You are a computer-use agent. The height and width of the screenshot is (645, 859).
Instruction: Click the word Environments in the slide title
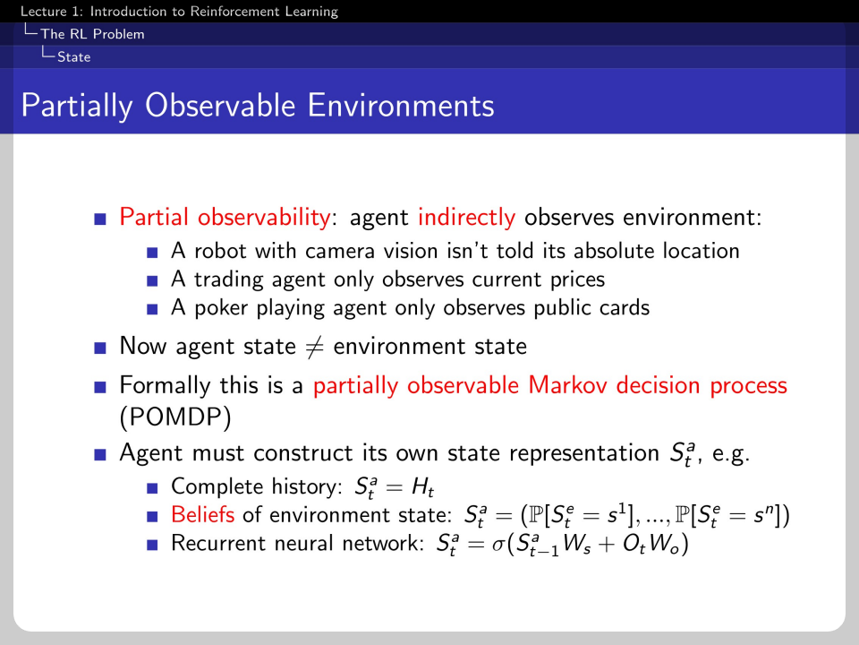click(x=401, y=106)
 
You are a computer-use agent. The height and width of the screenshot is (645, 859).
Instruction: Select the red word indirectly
click(x=467, y=218)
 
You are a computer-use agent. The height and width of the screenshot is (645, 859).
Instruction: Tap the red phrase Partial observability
click(x=225, y=218)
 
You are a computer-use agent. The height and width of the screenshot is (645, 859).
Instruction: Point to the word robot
click(x=220, y=251)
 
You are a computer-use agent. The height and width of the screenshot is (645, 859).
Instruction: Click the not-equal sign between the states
click(x=314, y=348)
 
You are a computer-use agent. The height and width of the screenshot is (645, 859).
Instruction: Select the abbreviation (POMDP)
click(x=175, y=417)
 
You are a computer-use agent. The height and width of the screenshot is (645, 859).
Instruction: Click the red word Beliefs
click(x=203, y=514)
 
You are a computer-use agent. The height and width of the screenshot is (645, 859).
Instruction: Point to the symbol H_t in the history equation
click(x=422, y=487)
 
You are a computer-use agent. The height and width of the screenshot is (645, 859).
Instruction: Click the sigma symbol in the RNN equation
click(x=498, y=545)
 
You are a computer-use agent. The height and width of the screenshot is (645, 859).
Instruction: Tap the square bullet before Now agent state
click(x=99, y=348)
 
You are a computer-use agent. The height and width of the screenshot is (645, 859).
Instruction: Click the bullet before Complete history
click(x=152, y=488)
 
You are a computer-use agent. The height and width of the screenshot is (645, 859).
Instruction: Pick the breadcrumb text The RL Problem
click(x=92, y=34)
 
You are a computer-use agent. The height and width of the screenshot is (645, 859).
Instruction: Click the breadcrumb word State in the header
click(x=74, y=57)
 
